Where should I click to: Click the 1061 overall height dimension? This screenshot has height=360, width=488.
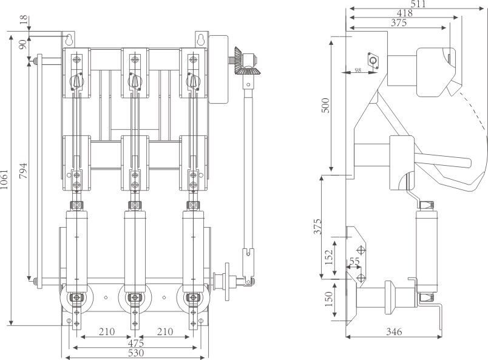(5, 180)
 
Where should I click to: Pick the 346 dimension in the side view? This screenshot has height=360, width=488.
(396, 333)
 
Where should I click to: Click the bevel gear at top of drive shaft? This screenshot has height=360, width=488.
(243, 63)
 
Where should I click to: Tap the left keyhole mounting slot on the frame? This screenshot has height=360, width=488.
(71, 40)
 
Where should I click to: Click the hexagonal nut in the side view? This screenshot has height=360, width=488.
(373, 61)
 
